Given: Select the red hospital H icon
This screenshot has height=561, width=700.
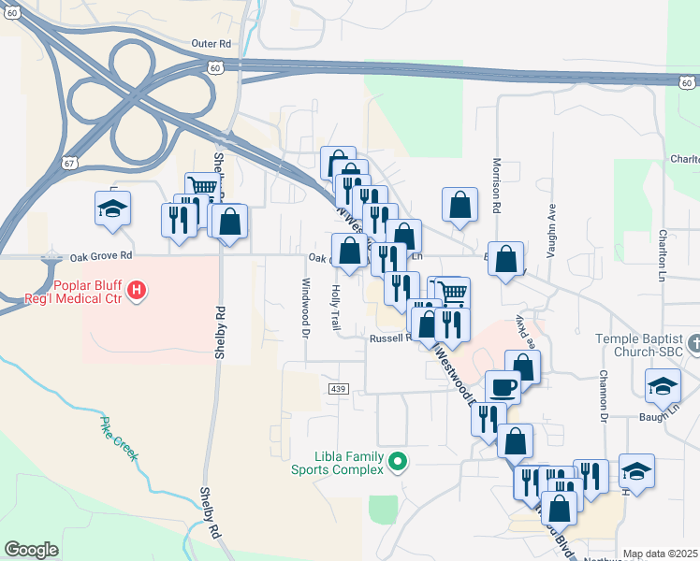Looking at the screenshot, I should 138,290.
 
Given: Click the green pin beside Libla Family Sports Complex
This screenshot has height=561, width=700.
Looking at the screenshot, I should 398,460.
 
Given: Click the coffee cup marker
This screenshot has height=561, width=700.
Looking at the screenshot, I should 503,385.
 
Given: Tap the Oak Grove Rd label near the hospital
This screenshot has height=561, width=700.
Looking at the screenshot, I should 100,254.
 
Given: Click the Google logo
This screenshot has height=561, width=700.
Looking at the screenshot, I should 31,550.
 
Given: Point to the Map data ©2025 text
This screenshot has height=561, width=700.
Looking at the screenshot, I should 661,554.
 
